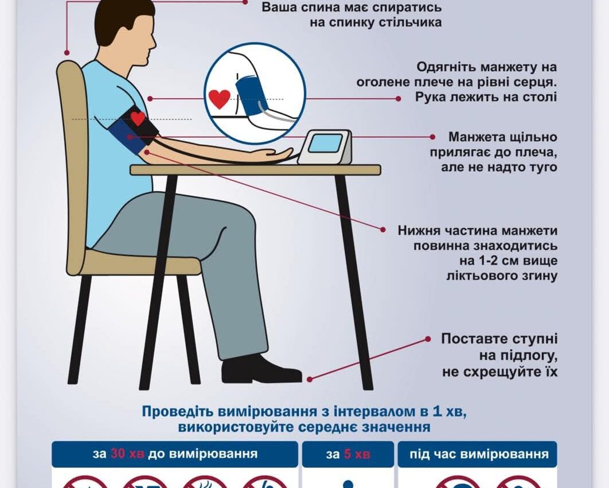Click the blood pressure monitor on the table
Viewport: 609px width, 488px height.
324,146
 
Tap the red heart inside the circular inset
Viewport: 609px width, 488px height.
219,98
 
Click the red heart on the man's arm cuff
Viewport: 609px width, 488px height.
138,118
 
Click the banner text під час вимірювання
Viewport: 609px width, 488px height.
478,454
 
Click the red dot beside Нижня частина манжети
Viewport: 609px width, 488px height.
383,229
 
